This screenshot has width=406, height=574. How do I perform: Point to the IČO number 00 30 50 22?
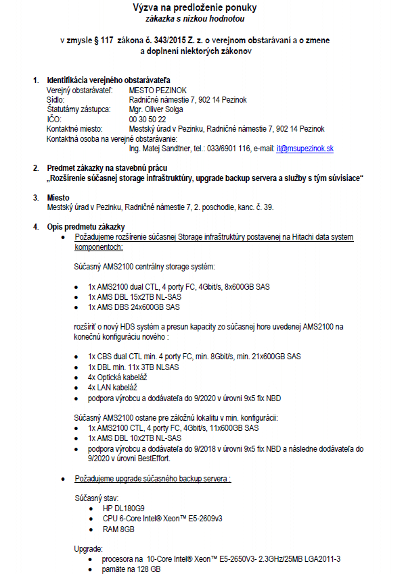pos(147,119)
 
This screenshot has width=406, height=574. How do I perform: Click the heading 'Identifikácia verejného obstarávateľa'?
pos(108,80)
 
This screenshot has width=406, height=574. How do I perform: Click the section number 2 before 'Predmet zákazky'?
pos(36,167)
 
